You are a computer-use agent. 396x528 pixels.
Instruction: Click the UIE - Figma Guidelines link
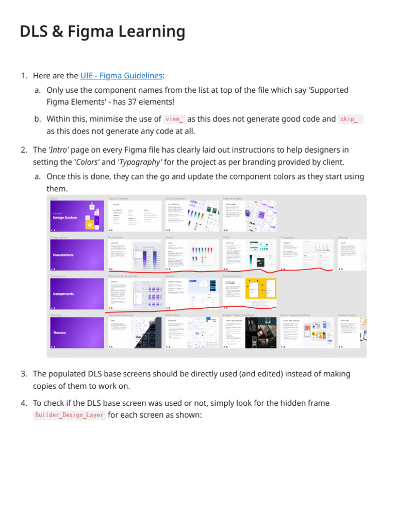121,76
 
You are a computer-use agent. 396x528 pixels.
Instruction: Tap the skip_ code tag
351,119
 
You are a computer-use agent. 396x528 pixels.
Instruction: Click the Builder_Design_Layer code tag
69,415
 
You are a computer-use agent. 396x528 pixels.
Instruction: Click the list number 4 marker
24,403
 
